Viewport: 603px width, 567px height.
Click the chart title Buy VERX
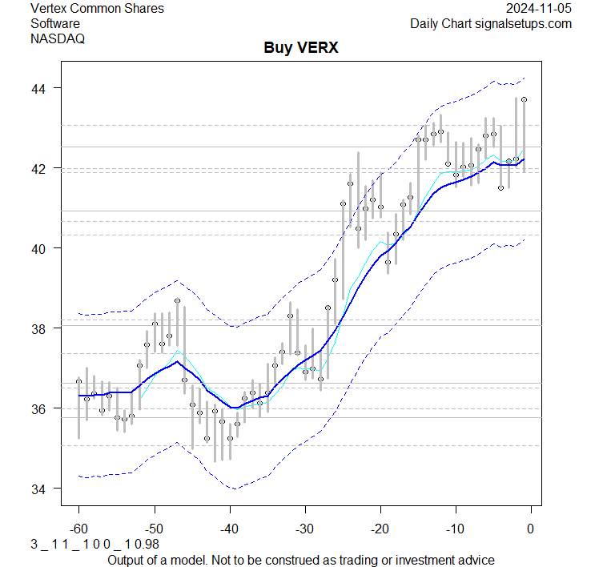pos(301,48)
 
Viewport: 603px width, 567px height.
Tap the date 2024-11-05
pos(539,9)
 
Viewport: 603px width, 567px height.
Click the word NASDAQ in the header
pos(58,38)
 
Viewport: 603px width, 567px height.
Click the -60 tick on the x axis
pos(78,529)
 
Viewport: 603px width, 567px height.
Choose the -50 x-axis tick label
pos(154,529)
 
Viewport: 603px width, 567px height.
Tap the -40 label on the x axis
pos(229,529)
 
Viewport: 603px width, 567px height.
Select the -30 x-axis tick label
pos(304,529)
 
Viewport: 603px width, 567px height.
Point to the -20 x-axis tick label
pos(380,529)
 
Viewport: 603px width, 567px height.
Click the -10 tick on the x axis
pos(455,529)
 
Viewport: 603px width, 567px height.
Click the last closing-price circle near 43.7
pos(524,99)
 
